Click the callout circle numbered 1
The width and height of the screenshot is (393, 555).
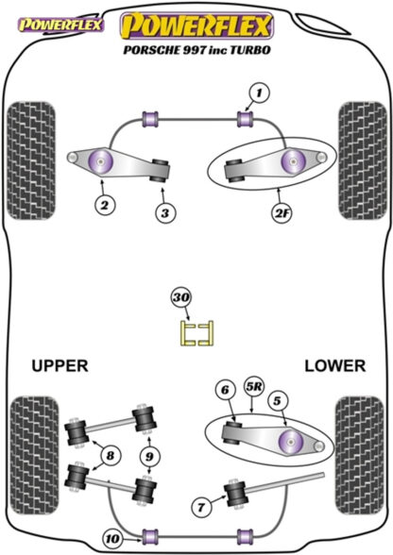pos(260,93)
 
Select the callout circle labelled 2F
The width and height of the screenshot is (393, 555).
pos(282,213)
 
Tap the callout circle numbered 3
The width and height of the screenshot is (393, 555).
pos(165,213)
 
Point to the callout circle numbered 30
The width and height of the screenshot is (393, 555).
pos(181,297)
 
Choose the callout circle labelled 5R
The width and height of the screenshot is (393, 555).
pos(254,387)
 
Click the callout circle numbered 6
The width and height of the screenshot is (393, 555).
pos(226,390)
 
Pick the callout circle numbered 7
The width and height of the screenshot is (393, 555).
pos(201,508)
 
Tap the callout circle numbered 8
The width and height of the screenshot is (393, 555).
pos(111,456)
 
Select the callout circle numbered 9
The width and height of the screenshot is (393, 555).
pos(149,456)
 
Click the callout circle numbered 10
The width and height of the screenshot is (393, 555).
pos(113,539)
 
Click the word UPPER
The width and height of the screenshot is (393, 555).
pos(60,365)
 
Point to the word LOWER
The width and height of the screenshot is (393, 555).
pos(334,365)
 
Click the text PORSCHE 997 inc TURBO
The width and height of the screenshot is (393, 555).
pos(196,50)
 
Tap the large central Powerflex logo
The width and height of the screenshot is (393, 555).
pos(196,25)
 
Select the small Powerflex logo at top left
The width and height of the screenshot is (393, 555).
pos(60,25)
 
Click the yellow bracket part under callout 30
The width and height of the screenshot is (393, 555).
pos(197,332)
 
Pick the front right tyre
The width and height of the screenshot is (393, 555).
pos(363,160)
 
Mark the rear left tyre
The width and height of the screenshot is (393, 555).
pos(34,456)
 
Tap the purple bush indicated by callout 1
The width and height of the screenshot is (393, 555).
pos(245,119)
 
